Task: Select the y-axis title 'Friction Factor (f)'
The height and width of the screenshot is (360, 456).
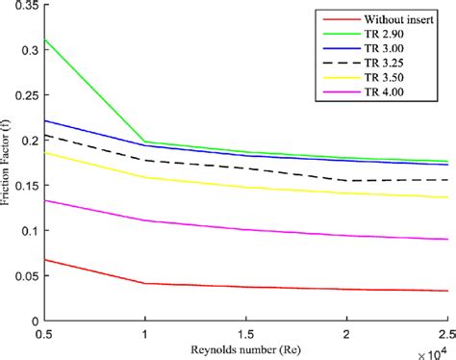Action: click(9, 164)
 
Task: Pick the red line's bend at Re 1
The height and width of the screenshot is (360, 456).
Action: click(145, 283)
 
